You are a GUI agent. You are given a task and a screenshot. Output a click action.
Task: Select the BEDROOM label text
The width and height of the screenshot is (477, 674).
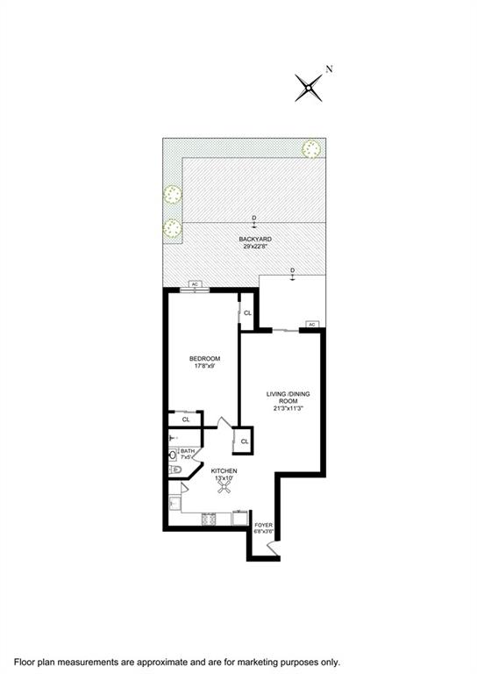click(204, 358)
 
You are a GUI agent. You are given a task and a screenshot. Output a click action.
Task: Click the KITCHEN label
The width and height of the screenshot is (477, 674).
click(224, 471)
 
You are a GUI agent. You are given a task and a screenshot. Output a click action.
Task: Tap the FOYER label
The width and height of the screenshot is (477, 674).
click(264, 525)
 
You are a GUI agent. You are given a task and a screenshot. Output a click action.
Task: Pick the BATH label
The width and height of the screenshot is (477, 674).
click(187, 452)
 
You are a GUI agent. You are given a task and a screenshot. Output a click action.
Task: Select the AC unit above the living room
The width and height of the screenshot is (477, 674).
click(310, 324)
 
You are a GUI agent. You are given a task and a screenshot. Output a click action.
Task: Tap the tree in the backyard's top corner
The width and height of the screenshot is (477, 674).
click(310, 148)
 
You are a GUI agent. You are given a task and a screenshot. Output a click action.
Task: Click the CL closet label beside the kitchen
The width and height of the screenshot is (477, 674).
click(244, 441)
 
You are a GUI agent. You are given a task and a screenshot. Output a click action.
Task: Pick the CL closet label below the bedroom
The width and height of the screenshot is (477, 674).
click(185, 420)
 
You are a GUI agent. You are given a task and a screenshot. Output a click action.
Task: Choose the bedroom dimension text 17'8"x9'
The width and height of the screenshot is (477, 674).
click(204, 366)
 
